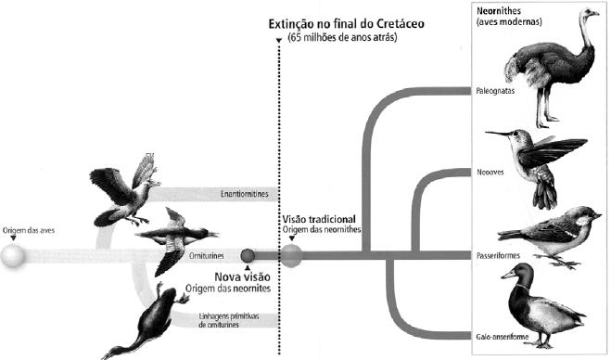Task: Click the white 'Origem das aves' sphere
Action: [13, 256]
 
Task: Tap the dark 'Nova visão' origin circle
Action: [248, 256]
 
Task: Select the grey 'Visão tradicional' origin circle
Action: [291, 256]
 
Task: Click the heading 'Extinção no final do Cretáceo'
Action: [346, 24]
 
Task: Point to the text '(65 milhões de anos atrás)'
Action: [342, 38]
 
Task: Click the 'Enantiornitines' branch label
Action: [245, 194]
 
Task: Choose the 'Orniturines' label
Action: [207, 256]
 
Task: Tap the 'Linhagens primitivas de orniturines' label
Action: [228, 320]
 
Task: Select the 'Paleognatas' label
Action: [495, 91]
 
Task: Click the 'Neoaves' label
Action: [490, 172]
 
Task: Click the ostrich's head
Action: [589, 13]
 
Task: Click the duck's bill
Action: [508, 275]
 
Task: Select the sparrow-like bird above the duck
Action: [550, 235]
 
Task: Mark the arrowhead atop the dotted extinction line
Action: [279, 40]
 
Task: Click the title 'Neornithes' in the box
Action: [499, 10]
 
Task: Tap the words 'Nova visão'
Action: [242, 276]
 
